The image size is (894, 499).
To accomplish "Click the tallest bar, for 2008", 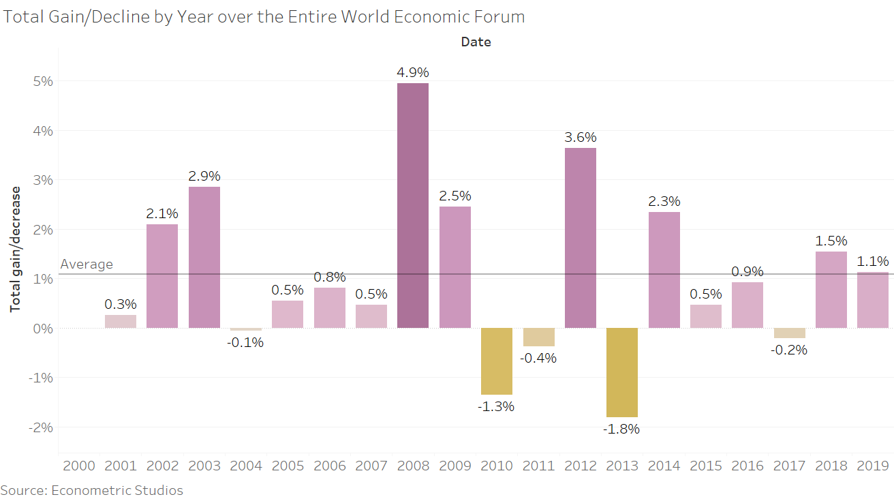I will click(413, 205).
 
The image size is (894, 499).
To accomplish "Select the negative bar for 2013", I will click(622, 372).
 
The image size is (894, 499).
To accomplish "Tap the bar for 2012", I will click(580, 238).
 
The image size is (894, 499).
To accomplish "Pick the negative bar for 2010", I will click(497, 361).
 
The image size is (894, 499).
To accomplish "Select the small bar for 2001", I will click(121, 321).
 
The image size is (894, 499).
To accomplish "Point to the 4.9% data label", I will click(413, 72).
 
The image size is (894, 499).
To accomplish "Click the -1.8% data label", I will click(621, 429).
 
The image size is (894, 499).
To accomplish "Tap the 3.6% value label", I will click(580, 137).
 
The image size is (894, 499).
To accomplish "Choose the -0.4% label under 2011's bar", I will click(538, 358).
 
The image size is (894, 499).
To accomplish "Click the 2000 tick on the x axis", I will click(79, 466).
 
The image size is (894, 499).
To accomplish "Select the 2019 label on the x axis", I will click(872, 466).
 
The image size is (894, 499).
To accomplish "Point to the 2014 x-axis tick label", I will click(664, 466).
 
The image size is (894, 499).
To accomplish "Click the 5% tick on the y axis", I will click(43, 81).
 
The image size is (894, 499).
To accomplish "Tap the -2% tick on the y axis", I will click(40, 427).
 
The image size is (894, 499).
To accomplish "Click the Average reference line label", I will click(87, 264).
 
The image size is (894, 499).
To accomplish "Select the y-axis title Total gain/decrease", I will click(15, 249).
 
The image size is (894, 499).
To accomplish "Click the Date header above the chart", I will click(476, 42).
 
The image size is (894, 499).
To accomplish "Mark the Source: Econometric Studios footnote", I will click(92, 490).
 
